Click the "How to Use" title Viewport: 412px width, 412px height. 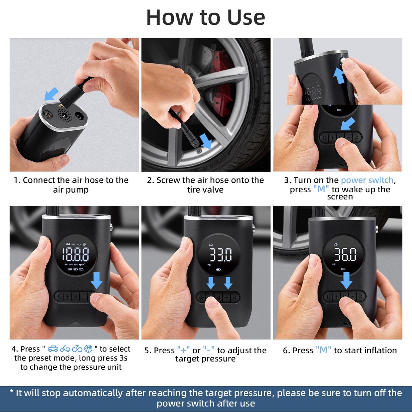pos(206,17)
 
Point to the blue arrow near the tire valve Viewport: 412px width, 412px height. pos(206,141)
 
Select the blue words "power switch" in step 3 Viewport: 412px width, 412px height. pos(367,180)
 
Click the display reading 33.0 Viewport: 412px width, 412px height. pos(221,255)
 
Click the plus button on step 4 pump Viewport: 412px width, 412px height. pos(67,297)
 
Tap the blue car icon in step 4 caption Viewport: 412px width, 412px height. pos(53,349)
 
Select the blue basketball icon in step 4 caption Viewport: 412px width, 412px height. pos(89,349)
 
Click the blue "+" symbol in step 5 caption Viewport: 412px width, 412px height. pos(184,350)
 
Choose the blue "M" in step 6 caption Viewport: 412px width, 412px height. pos(323,350)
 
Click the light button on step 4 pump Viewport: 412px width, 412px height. pos(59,297)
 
